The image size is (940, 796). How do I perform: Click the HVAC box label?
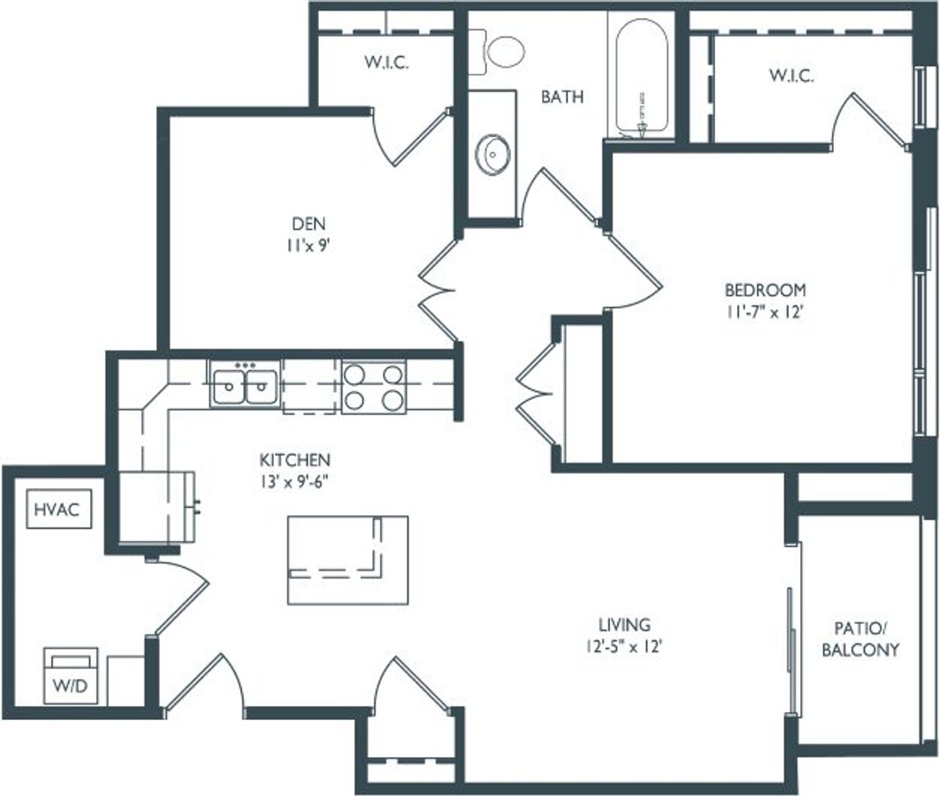tap(59, 509)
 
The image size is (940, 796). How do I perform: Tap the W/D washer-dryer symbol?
tap(71, 676)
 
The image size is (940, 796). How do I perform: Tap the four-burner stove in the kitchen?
tap(374, 387)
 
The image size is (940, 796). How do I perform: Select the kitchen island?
tap(347, 560)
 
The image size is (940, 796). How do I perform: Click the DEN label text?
tap(308, 223)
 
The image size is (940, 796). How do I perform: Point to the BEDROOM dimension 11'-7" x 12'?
tap(765, 312)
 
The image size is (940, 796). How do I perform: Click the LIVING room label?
tap(624, 625)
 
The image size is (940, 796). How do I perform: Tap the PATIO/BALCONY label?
tap(860, 638)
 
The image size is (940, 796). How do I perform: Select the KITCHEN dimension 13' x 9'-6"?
tap(295, 482)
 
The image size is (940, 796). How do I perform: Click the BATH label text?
tap(562, 97)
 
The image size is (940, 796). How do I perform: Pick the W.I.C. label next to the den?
tap(386, 63)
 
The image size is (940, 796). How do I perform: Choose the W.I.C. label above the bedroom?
tap(791, 75)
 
